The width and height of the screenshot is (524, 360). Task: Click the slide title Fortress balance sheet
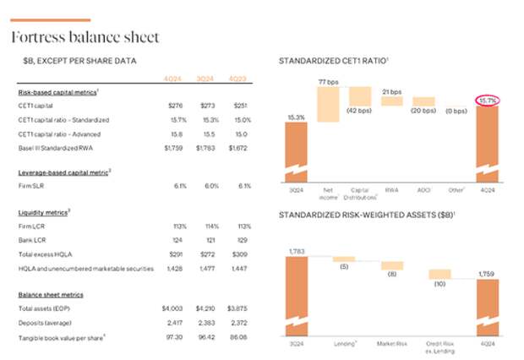pyautogui.click(x=84, y=38)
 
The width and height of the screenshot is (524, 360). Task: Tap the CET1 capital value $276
pyautogui.click(x=175, y=106)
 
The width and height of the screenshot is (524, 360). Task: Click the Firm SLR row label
pyautogui.click(x=32, y=185)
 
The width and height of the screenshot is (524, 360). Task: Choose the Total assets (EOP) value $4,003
pyautogui.click(x=173, y=308)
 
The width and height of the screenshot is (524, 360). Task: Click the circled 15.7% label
pyautogui.click(x=488, y=101)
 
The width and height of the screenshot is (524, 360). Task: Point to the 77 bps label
pyautogui.click(x=328, y=81)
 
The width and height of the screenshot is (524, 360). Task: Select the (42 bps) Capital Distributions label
pyautogui.click(x=361, y=111)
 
